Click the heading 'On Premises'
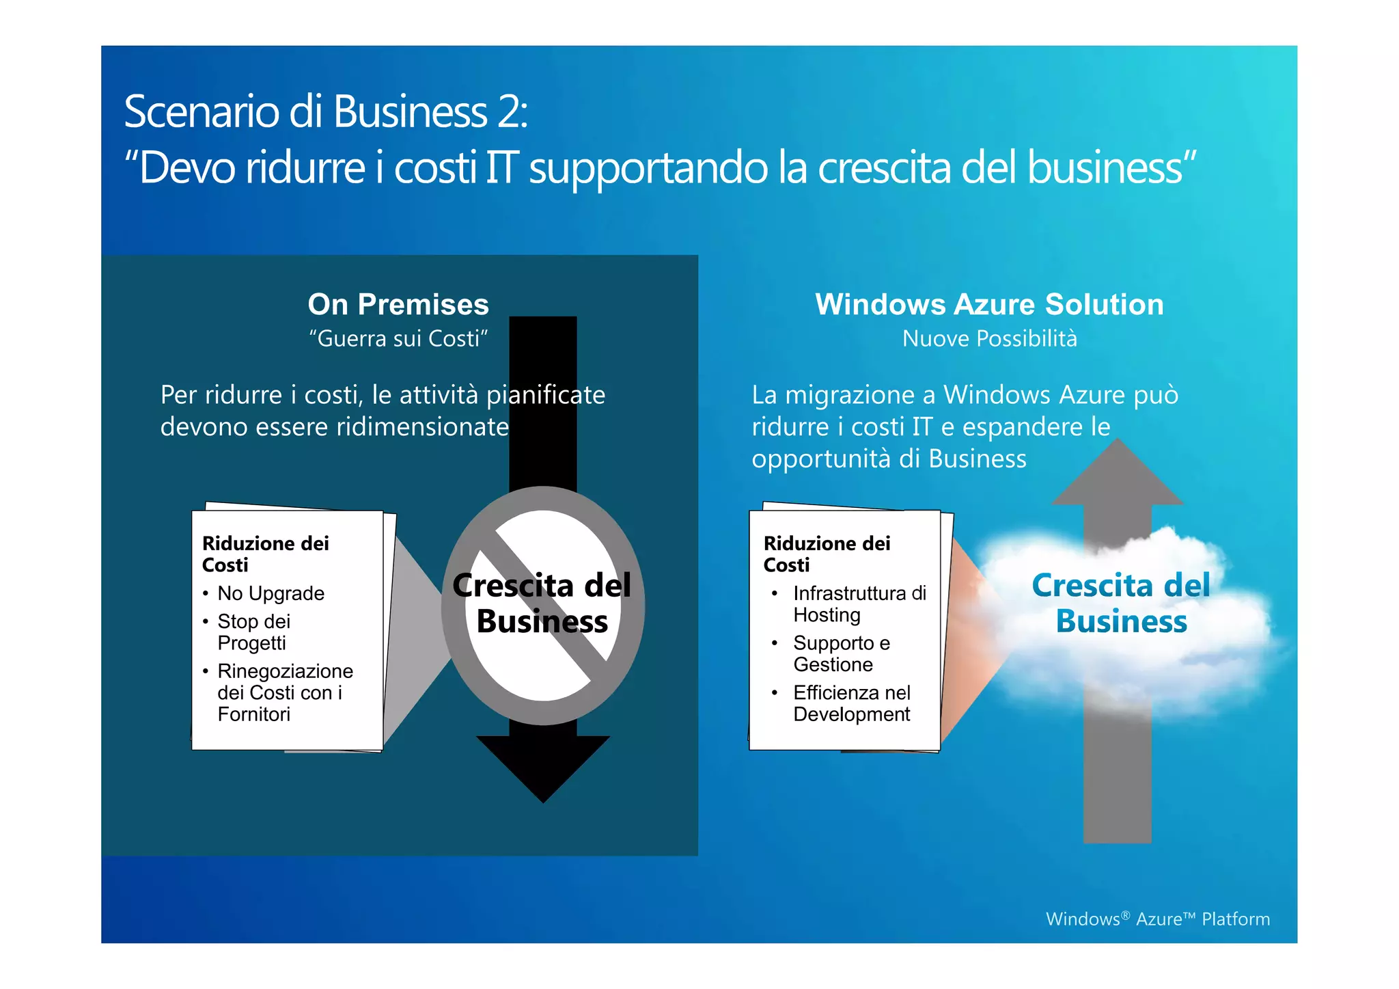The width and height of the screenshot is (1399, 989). point(398,305)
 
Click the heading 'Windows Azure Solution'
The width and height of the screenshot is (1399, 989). point(989,305)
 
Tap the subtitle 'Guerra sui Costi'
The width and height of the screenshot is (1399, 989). point(398,339)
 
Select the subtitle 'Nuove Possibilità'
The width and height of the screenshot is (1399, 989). point(989,339)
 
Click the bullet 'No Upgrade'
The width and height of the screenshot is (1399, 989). point(271,593)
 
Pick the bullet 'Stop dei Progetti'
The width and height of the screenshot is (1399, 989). point(253,632)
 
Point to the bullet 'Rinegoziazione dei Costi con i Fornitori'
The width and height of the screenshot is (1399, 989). point(285,692)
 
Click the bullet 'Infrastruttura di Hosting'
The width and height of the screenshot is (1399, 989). point(859,604)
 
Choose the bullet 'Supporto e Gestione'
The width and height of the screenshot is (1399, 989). point(842,654)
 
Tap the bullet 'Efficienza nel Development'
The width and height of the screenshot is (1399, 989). point(852,703)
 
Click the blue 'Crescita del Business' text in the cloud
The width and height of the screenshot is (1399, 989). point(1121,604)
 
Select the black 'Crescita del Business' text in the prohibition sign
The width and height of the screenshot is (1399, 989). point(542,604)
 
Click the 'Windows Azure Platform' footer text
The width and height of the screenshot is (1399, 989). point(1157,919)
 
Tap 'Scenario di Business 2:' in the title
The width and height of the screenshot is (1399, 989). point(326,111)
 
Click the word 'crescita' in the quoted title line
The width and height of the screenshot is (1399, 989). point(884,167)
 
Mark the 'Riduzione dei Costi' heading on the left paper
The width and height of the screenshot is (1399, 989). point(265,554)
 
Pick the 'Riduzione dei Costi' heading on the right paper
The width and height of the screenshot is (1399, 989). point(827,554)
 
